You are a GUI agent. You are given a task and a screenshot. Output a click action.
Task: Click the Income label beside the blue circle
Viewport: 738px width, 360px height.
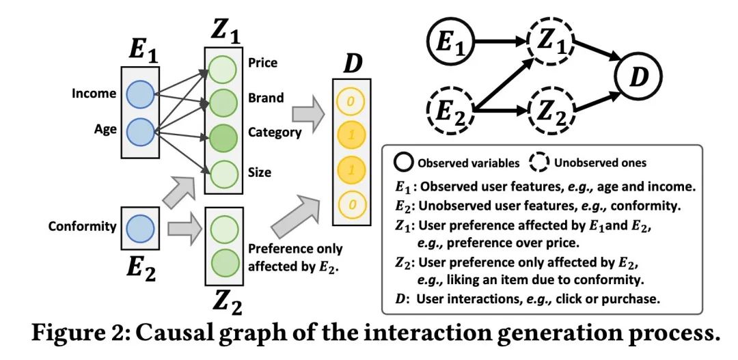click(x=94, y=93)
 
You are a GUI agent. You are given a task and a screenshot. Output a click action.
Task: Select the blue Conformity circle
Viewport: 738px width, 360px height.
click(x=140, y=227)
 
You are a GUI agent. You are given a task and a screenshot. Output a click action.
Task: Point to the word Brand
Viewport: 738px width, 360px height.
click(x=266, y=98)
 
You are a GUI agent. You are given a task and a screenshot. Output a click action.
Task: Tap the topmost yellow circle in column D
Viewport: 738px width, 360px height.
click(x=351, y=100)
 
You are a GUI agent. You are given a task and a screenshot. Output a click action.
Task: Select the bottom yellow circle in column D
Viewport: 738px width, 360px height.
click(x=351, y=205)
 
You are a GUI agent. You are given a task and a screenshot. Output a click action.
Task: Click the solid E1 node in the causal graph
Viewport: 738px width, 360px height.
click(x=450, y=42)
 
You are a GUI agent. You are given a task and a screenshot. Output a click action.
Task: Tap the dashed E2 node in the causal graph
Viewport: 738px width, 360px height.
click(x=450, y=112)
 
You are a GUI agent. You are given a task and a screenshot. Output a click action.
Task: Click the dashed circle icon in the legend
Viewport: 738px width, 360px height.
click(x=541, y=163)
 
